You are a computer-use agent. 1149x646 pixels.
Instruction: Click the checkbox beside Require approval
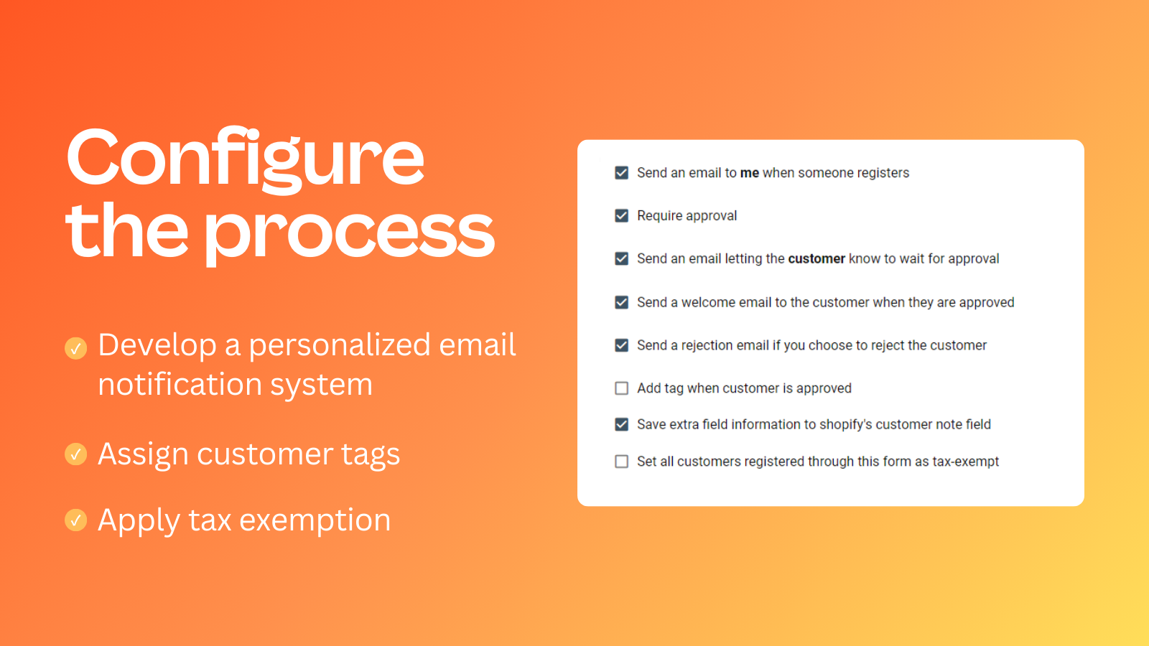coord(621,216)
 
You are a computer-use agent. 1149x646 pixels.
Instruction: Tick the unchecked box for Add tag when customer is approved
coord(621,388)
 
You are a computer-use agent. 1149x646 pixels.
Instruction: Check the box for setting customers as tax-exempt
coord(621,462)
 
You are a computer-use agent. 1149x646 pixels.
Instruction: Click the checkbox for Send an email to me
coord(621,173)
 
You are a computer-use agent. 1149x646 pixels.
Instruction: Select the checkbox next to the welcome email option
coord(621,302)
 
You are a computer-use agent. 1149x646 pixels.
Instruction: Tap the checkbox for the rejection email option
coord(621,345)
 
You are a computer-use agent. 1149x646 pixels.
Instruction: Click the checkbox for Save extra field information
coord(621,424)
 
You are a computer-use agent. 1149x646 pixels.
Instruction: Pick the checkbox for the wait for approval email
coord(621,259)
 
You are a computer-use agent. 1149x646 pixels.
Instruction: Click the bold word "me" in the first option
coord(750,173)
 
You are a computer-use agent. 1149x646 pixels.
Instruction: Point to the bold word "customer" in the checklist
coord(817,259)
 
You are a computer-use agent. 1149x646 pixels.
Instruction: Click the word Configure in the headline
coord(245,159)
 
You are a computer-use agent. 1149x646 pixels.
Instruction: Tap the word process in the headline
coord(350,234)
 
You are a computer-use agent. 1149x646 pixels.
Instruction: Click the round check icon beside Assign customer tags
coord(76,454)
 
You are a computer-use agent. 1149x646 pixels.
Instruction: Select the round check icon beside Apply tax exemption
coord(76,520)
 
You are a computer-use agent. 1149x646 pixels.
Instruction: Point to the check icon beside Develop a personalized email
coord(76,349)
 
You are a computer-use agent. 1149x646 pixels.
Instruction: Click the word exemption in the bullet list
coord(315,520)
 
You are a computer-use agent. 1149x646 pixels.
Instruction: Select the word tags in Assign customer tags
coord(371,455)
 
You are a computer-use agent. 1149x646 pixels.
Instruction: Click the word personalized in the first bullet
coord(340,345)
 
